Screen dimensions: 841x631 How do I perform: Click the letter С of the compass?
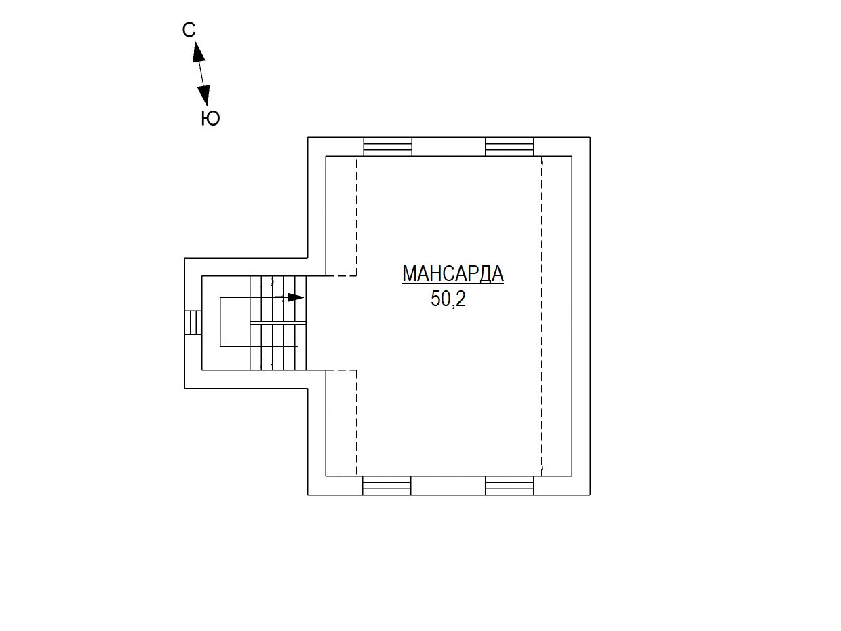(x=189, y=30)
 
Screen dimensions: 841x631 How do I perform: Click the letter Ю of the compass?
(x=211, y=119)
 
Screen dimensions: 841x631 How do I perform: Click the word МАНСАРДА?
(x=452, y=273)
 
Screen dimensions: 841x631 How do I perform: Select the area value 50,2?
(x=448, y=299)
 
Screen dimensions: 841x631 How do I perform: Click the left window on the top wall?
(x=387, y=147)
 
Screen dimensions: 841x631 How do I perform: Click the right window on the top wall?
(x=509, y=147)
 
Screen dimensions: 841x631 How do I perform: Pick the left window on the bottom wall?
(x=387, y=485)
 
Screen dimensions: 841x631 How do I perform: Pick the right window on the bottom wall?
(x=509, y=485)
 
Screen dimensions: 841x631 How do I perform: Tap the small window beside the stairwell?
(x=193, y=322)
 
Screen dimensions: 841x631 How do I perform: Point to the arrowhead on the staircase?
(x=296, y=297)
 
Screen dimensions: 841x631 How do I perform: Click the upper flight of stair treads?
(x=278, y=299)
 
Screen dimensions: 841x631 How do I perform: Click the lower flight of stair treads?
(x=278, y=347)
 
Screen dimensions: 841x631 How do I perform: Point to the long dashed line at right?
(x=541, y=315)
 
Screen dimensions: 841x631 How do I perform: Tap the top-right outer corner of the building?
(x=590, y=138)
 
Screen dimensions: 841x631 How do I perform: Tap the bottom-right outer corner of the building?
(x=590, y=495)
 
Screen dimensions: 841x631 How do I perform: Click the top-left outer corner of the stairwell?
(x=185, y=258)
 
